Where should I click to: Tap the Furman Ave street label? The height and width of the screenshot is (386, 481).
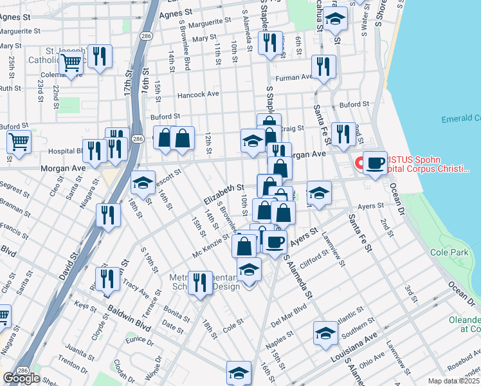point(294,78)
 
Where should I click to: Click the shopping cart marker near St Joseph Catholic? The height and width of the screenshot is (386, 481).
point(71,64)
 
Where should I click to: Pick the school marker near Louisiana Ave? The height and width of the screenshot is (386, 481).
point(326,333)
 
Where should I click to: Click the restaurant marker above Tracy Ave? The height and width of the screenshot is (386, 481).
point(108,279)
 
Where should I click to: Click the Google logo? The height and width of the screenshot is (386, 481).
point(21,378)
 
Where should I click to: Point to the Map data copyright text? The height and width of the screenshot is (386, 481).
point(454,381)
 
